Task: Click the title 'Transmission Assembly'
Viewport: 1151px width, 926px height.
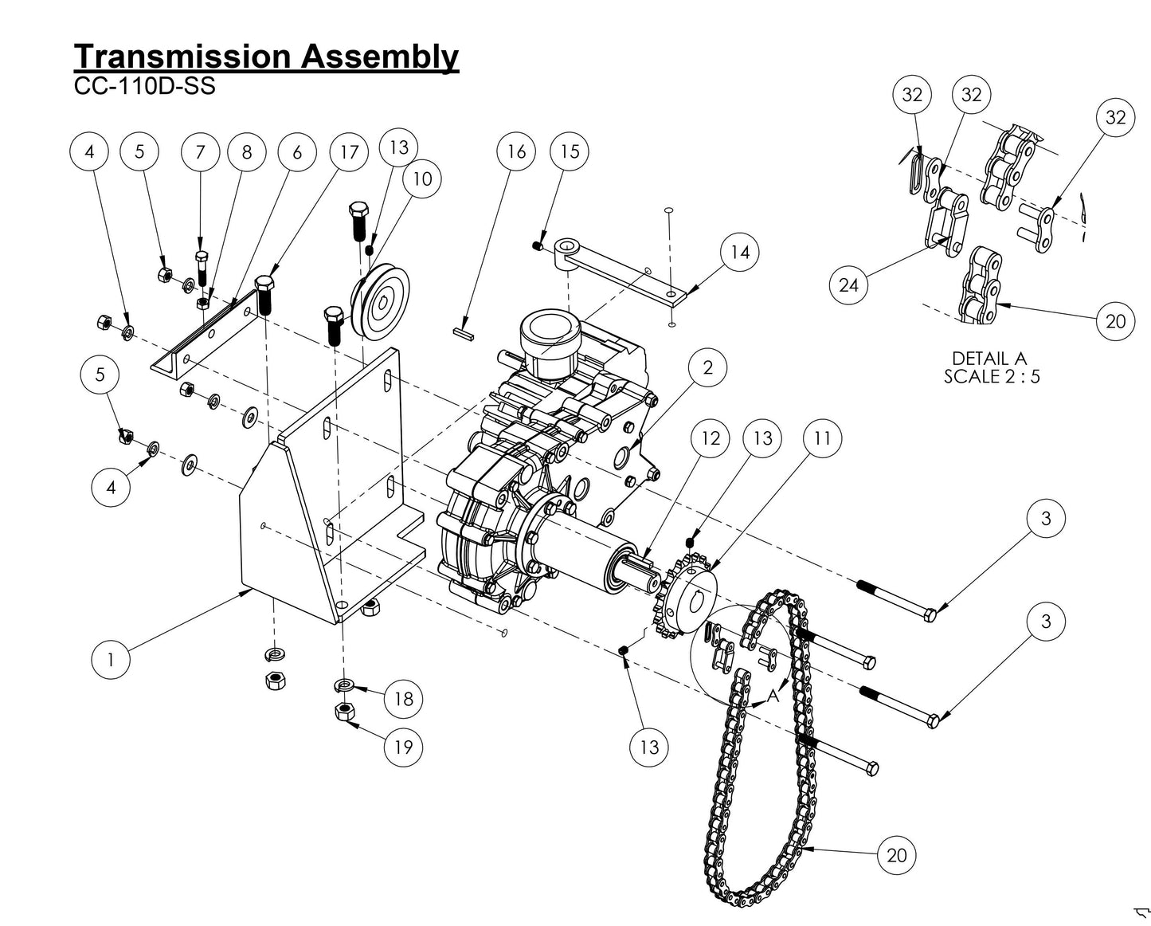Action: click(x=266, y=57)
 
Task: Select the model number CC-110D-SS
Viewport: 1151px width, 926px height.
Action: click(x=144, y=86)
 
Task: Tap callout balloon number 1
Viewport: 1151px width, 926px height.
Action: click(x=111, y=659)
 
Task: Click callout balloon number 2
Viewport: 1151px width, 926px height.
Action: click(x=707, y=367)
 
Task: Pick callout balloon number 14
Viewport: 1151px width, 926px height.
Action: click(x=740, y=252)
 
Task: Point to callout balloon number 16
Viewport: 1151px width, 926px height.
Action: click(x=516, y=151)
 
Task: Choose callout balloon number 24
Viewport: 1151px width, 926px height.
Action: click(x=849, y=284)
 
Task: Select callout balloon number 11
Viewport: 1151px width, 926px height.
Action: click(x=822, y=437)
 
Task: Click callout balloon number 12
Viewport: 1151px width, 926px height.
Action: click(x=710, y=437)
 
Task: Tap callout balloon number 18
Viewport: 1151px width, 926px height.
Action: click(x=404, y=699)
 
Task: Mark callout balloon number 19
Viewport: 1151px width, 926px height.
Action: click(x=404, y=747)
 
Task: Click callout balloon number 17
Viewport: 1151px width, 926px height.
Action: click(x=349, y=151)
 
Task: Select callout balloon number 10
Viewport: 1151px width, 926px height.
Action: click(x=422, y=179)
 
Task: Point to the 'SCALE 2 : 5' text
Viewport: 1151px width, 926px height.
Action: click(x=992, y=376)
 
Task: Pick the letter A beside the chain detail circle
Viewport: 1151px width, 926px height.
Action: click(x=772, y=696)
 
